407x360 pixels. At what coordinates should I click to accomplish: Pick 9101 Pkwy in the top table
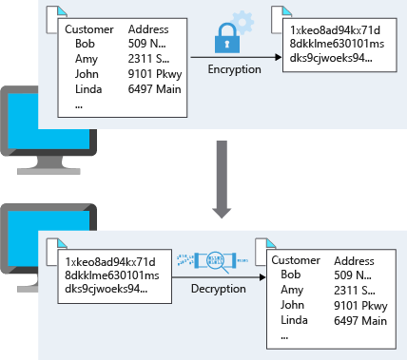pos(153,74)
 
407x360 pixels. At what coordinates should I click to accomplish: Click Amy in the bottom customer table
pos(293,290)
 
